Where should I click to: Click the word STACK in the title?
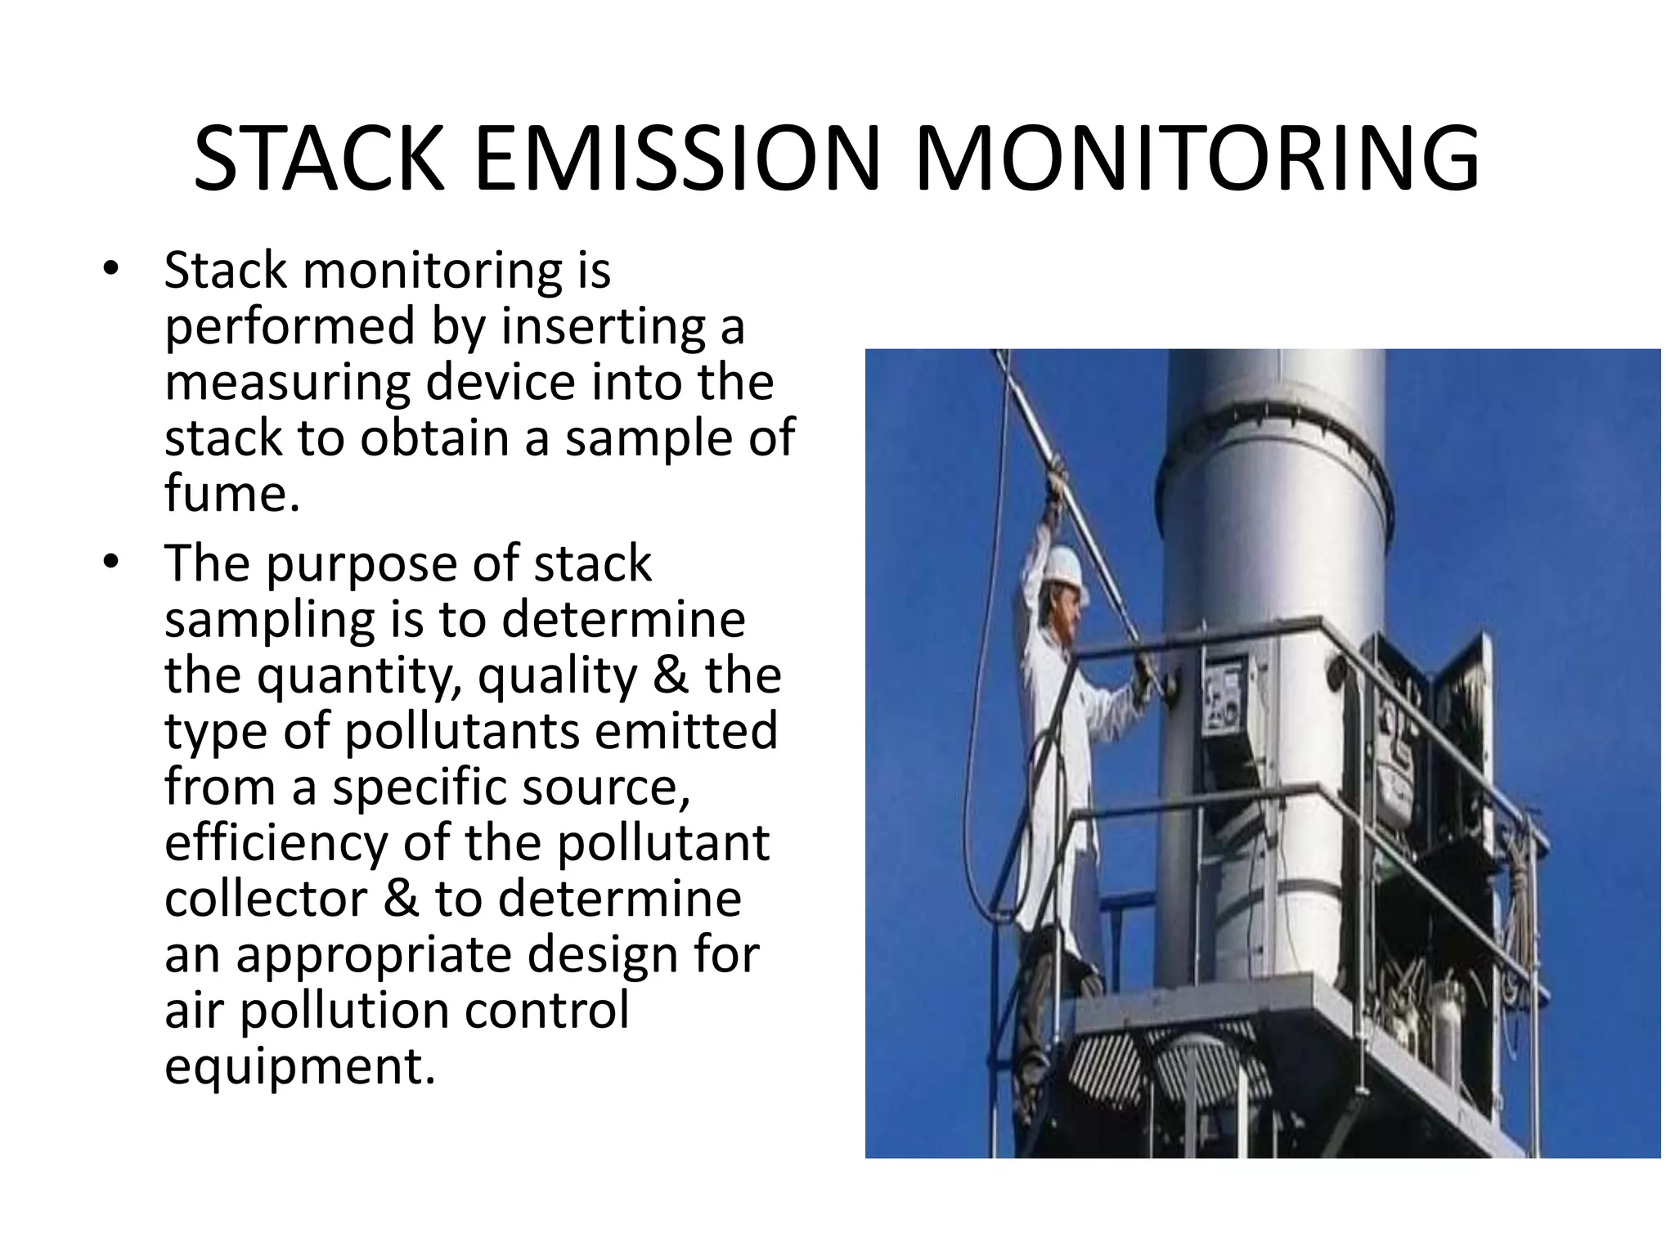point(319,159)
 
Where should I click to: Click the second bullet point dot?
point(111,563)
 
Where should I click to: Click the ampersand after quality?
point(669,675)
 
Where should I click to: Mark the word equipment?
point(299,1068)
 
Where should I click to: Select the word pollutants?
point(461,732)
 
